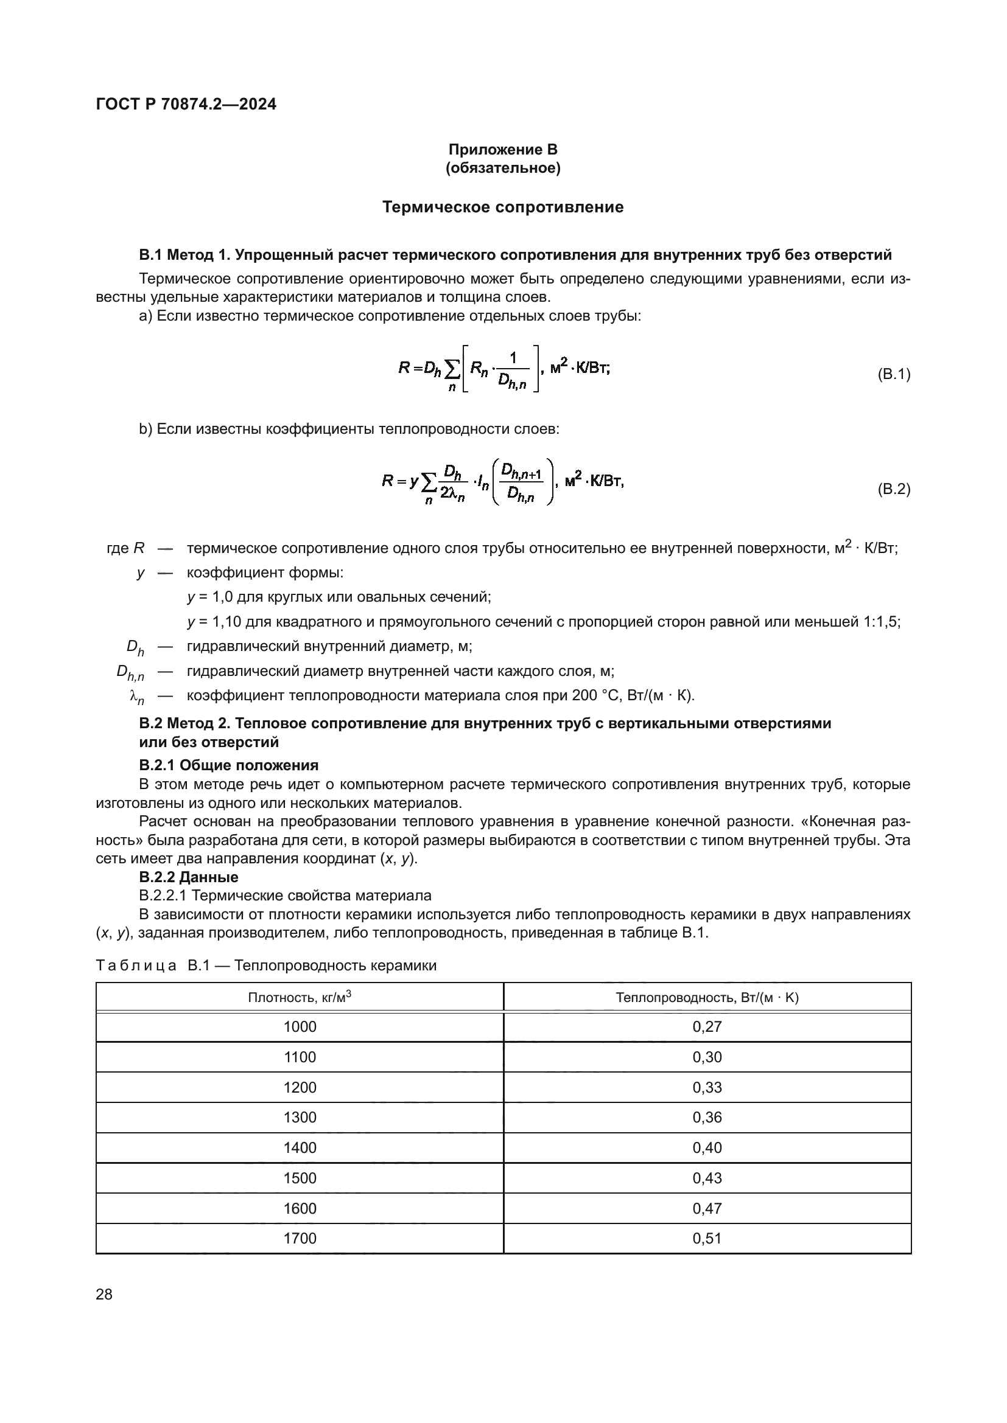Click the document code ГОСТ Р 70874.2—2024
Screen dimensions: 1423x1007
[186, 104]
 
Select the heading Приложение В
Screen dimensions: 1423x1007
[503, 150]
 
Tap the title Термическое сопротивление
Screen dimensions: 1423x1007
[503, 207]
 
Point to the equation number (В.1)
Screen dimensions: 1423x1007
[894, 374]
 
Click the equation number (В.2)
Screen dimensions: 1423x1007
[894, 489]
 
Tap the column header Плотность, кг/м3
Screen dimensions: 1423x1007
[300, 997]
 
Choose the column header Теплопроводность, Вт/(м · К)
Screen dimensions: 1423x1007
[707, 997]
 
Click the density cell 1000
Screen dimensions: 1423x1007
[300, 1027]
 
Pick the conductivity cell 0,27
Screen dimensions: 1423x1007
[707, 1027]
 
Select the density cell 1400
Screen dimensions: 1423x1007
[300, 1148]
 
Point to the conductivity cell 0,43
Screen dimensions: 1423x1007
[707, 1178]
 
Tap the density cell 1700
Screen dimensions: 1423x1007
[300, 1238]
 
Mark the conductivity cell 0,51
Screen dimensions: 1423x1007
[707, 1238]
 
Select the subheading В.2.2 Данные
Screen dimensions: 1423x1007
[189, 877]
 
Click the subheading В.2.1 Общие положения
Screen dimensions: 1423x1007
[228, 765]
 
